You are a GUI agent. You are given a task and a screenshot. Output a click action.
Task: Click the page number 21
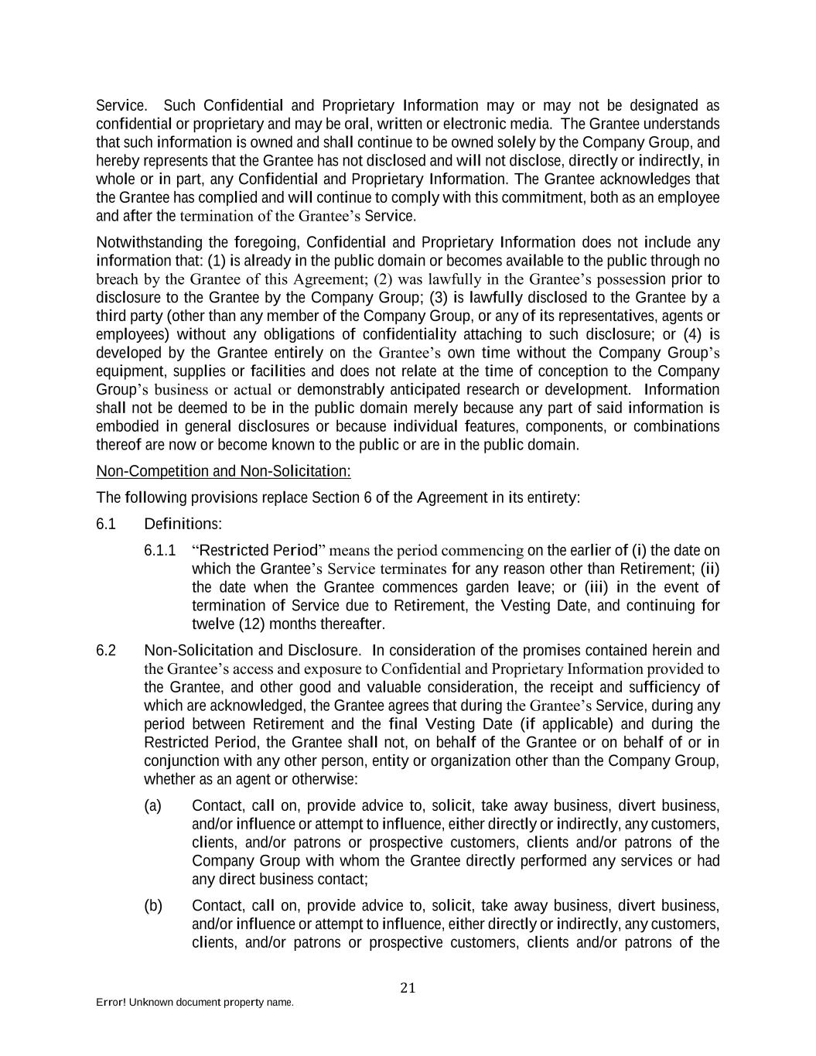point(408,987)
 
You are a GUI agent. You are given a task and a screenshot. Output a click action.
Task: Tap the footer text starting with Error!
point(194,1002)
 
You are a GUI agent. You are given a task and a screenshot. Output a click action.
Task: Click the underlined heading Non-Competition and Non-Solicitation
point(223,471)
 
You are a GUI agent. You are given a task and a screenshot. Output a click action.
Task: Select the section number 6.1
point(106,524)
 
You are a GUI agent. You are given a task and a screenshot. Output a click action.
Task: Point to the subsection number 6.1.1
point(159,550)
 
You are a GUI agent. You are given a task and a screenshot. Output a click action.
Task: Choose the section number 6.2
point(106,650)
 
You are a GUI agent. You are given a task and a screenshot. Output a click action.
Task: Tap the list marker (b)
point(152,905)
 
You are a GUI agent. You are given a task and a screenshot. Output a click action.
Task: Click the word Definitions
point(183,524)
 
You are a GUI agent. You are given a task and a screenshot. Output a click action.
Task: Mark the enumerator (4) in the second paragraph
point(691,334)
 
